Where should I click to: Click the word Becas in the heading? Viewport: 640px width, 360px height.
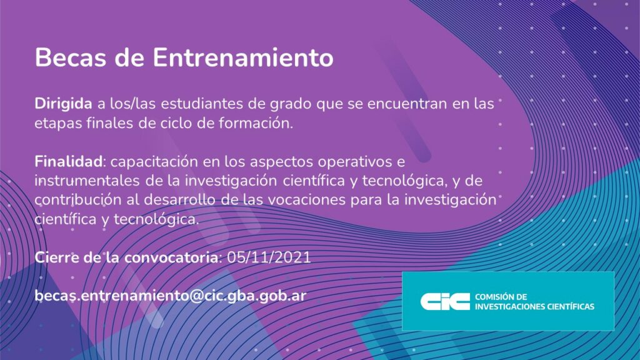[72, 57]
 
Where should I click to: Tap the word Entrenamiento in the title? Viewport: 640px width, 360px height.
[243, 57]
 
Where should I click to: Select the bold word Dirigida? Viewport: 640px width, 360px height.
[63, 104]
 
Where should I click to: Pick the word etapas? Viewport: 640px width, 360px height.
[58, 124]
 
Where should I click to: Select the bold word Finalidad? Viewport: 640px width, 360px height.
[69, 162]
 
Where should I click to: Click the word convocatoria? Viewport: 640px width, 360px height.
[171, 258]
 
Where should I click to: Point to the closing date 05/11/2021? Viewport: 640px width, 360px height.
[269, 257]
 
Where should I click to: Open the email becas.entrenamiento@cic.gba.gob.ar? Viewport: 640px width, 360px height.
[170, 296]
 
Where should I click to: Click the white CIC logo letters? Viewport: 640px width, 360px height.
[445, 302]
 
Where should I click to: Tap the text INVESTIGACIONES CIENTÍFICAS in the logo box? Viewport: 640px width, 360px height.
[534, 306]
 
